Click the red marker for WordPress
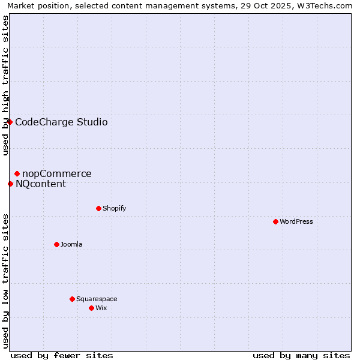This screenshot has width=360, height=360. [275, 221]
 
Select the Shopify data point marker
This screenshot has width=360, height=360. [98, 208]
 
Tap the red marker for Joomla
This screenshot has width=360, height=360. [56, 244]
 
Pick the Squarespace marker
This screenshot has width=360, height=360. [72, 299]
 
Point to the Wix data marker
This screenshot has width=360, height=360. [91, 308]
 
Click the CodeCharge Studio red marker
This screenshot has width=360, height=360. [10, 122]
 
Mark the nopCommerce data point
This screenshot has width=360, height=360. [17, 173]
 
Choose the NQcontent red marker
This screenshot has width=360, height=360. [10, 184]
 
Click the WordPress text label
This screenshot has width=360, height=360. [296, 221]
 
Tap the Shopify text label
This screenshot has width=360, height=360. [114, 208]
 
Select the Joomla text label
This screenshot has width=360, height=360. [71, 244]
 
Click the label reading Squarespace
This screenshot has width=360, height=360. [97, 299]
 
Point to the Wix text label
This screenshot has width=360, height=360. [101, 308]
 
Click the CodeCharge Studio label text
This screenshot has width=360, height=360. [61, 122]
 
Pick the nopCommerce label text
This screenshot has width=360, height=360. [57, 174]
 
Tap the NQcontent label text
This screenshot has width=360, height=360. [41, 184]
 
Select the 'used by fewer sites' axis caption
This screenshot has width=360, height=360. [62, 355]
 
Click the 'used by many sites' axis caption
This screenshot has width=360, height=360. [301, 355]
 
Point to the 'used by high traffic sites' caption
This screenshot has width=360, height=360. [5, 85]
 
